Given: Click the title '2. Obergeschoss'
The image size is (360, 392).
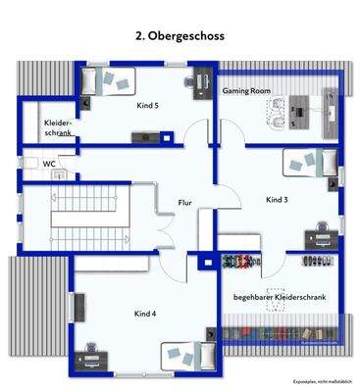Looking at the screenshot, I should pyautogui.click(x=180, y=35).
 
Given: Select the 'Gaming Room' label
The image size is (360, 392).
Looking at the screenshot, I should pyautogui.click(x=245, y=89).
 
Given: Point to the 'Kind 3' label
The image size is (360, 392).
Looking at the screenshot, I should pyautogui.click(x=276, y=200).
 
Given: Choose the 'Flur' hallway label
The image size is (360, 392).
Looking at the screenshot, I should pyautogui.click(x=184, y=204).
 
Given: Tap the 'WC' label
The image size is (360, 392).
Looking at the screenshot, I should pyautogui.click(x=48, y=164).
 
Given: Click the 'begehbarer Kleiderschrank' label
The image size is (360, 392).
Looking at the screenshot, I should pyautogui.click(x=279, y=296).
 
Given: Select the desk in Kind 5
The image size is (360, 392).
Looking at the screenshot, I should pyautogui.click(x=204, y=82).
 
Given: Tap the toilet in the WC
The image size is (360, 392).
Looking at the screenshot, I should pyautogui.click(x=61, y=176).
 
